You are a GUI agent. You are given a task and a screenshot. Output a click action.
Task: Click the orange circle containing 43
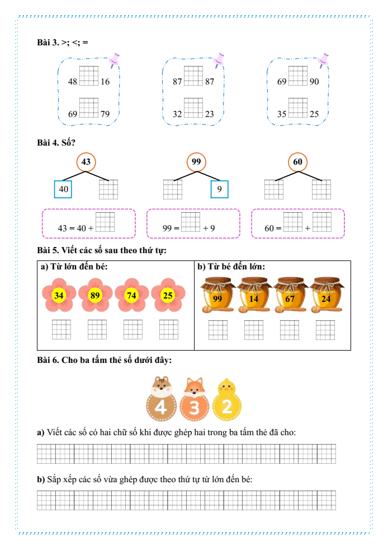(x=86, y=162)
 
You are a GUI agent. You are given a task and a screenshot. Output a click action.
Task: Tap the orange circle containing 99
(x=196, y=162)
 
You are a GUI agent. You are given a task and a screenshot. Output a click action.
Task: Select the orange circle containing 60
(x=297, y=162)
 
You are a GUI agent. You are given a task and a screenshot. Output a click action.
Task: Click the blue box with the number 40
(x=63, y=189)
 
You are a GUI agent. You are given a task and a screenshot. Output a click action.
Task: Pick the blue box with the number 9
(x=220, y=189)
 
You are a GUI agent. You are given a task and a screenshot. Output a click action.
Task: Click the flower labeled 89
(x=95, y=295)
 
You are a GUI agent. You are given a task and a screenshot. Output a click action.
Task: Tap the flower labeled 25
(x=168, y=295)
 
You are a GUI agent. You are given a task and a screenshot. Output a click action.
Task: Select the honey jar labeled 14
(x=253, y=295)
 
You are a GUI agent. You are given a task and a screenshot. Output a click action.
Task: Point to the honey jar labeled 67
(x=290, y=295)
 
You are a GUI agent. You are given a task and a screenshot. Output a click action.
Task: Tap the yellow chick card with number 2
(x=227, y=400)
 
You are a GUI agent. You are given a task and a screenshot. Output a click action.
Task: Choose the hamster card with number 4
(x=161, y=399)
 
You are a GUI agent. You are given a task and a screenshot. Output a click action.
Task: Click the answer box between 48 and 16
(x=88, y=76)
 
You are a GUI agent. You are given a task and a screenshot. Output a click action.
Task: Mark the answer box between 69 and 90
(x=297, y=76)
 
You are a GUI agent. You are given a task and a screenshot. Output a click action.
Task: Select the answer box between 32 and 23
(x=193, y=108)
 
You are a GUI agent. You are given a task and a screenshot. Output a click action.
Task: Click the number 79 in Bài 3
(x=105, y=114)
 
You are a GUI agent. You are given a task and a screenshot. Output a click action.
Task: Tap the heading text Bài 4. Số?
(x=56, y=142)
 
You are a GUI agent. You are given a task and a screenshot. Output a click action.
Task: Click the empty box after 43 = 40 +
(x=105, y=222)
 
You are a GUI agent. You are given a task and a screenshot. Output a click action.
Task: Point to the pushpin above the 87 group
(x=219, y=60)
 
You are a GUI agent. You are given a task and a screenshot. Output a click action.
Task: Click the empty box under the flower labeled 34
(x=61, y=329)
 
